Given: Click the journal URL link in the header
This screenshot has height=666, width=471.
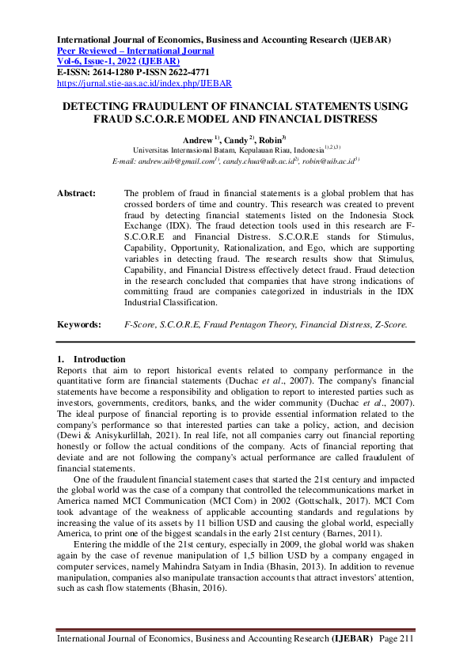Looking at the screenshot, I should click(x=145, y=82).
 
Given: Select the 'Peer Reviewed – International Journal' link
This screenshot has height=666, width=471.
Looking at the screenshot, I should click(x=136, y=51).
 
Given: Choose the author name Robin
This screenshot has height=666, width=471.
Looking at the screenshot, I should click(x=272, y=138).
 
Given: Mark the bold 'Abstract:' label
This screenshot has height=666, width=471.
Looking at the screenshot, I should click(x=77, y=193).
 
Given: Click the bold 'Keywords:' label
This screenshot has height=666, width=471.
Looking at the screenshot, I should click(x=79, y=324).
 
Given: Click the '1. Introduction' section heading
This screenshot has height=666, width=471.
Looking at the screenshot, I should click(x=91, y=359).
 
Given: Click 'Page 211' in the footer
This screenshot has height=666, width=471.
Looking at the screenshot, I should click(x=396, y=638).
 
